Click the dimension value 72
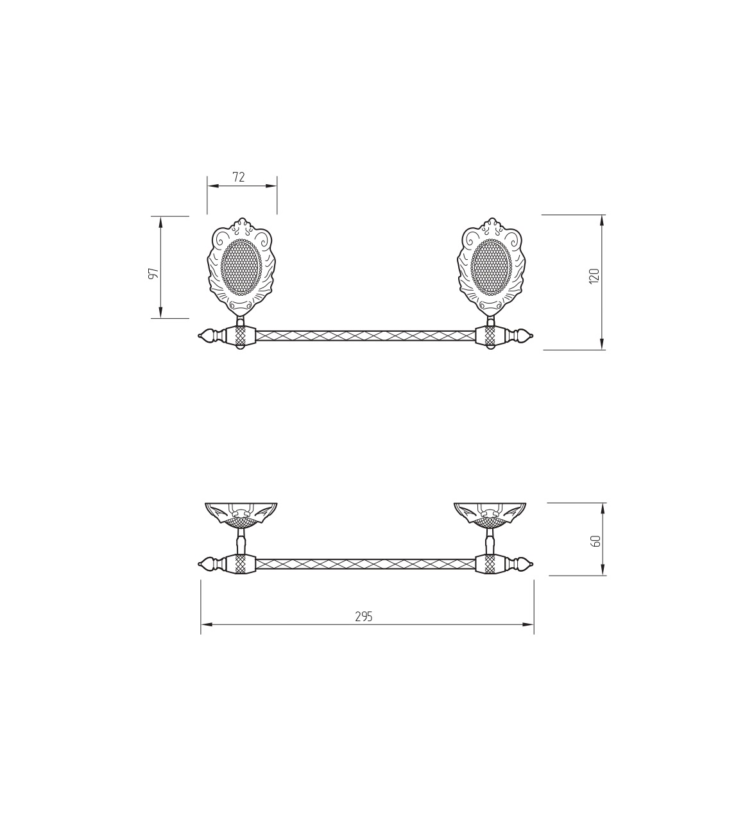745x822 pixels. coord(239,177)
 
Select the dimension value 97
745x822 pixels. coord(153,274)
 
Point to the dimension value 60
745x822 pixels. coord(596,540)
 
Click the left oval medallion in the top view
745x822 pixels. coord(241,267)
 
